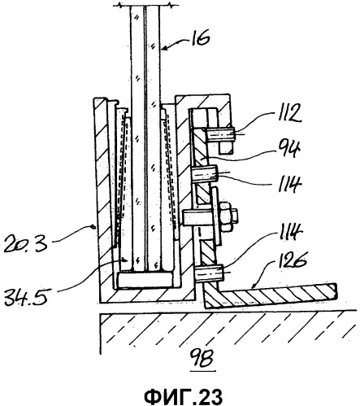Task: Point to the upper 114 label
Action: point(287,184)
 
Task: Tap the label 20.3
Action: point(26,242)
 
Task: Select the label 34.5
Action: point(26,296)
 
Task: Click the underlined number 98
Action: point(203,358)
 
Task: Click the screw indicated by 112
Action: point(219,134)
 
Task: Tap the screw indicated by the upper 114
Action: point(205,174)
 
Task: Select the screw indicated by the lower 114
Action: point(210,273)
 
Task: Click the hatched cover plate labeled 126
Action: point(270,295)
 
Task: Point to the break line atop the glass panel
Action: point(145,5)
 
